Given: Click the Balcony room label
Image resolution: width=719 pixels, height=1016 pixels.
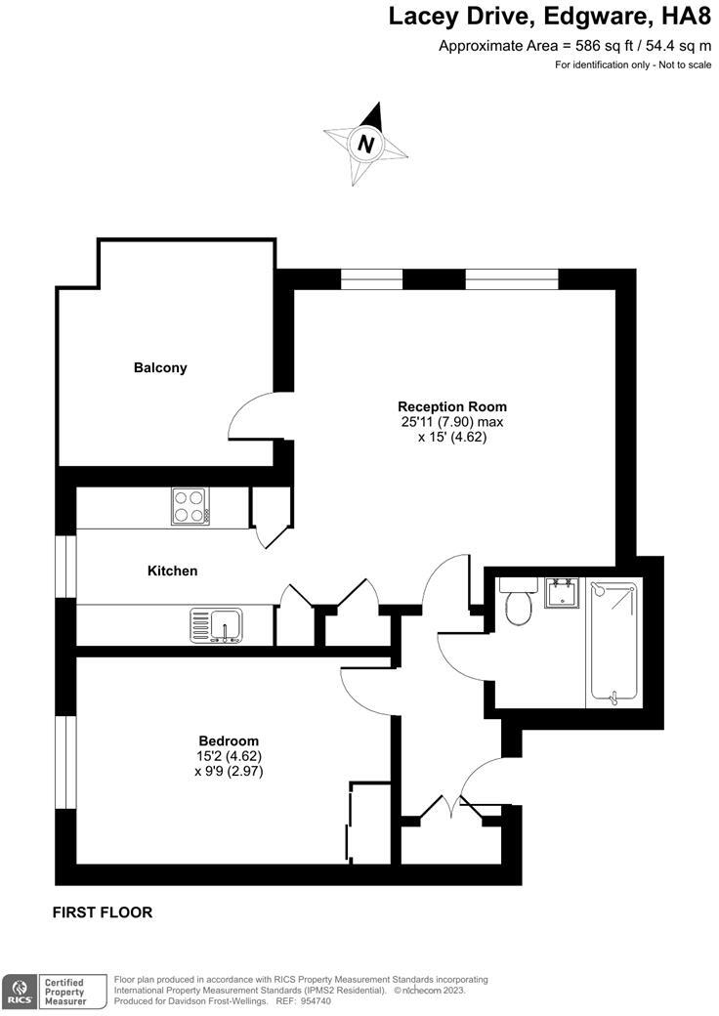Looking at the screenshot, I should click(x=160, y=368).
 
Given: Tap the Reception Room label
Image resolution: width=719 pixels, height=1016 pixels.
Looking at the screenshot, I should click(x=451, y=406).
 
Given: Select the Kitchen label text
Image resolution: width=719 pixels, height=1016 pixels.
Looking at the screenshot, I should click(x=172, y=571).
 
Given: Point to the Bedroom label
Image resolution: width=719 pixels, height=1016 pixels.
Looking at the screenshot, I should click(x=228, y=741).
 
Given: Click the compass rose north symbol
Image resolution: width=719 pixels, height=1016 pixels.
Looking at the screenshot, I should click(x=365, y=145).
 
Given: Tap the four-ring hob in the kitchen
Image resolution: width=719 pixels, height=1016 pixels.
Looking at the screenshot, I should click(x=191, y=506).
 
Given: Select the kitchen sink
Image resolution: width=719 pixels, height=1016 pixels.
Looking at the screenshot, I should click(x=218, y=625).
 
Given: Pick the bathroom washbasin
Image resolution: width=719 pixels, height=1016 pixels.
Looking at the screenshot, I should click(x=562, y=594).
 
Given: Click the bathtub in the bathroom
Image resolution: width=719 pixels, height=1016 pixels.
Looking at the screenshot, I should click(x=614, y=643).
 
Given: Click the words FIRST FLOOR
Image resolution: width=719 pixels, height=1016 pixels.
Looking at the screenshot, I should click(x=103, y=912).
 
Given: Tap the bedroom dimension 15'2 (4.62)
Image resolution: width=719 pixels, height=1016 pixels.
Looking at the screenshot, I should click(x=228, y=756).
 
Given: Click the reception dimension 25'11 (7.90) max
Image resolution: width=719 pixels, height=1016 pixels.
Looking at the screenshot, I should click(x=451, y=422).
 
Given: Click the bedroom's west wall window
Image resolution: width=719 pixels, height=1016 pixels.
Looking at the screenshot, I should click(x=66, y=762).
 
